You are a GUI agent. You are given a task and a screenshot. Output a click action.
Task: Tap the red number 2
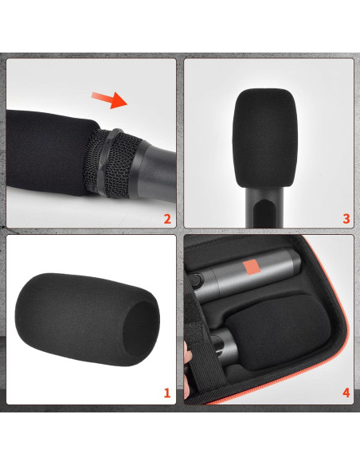coord(166,218)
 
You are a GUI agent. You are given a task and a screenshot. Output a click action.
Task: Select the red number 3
coord(346,218)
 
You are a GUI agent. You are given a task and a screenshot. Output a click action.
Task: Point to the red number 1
coord(166,393)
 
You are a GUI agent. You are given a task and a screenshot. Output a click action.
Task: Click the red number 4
coord(346,393)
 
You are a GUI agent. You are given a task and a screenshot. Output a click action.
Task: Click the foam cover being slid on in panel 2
coord(48,155)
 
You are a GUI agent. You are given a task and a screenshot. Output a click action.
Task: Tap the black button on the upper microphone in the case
coord(194,280)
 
